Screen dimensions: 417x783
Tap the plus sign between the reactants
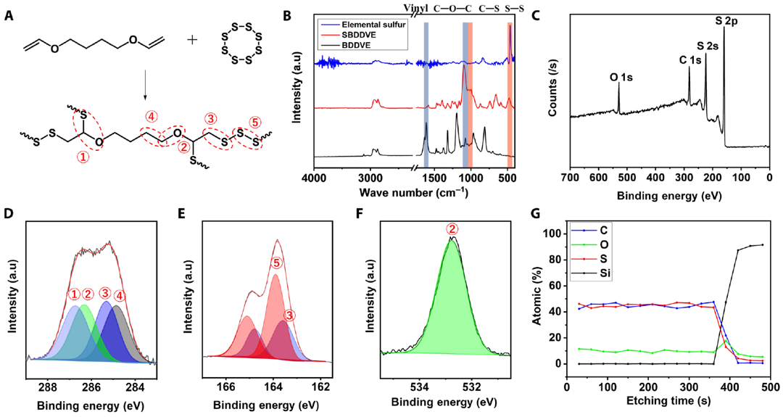[x=191, y=39]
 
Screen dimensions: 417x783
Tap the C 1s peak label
[x=688, y=61]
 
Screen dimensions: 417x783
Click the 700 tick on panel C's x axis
[x=571, y=177]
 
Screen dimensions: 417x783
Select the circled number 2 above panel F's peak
[x=452, y=228]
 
